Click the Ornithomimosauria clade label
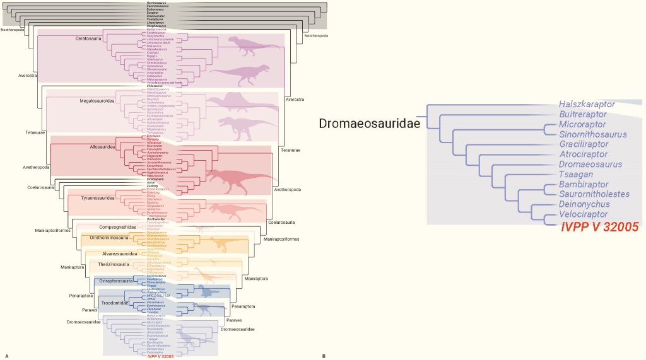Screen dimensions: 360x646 point(107,238)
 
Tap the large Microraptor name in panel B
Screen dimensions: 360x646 point(582,125)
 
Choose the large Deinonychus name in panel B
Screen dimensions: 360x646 point(584,205)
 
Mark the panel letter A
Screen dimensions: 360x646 point(6,356)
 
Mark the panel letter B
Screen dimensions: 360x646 point(324,356)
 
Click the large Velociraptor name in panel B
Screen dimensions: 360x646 point(584,216)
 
